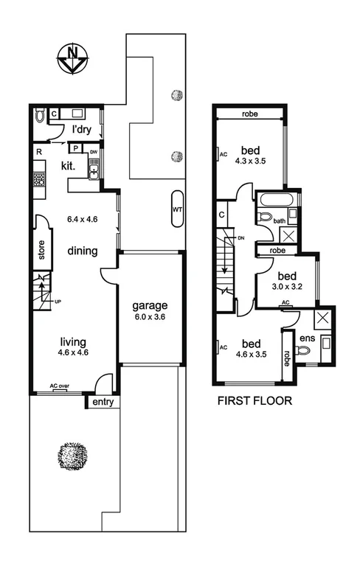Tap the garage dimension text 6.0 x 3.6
click(x=150, y=318)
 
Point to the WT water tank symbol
click(x=177, y=209)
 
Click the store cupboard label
click(x=41, y=249)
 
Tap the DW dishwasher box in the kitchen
click(x=94, y=153)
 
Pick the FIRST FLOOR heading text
click(x=255, y=402)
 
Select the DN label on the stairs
click(x=240, y=238)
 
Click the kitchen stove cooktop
click(x=38, y=178)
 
